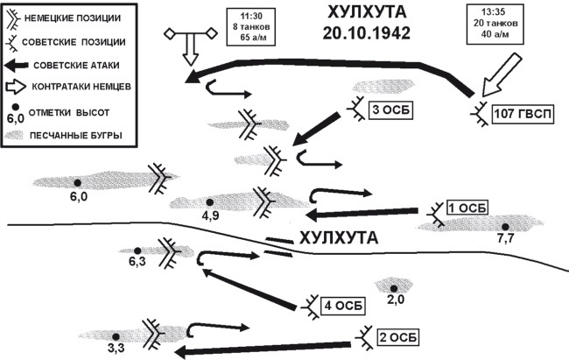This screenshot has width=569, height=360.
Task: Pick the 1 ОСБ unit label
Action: click(466, 208)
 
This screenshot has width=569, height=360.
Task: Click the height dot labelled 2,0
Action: click(394, 287)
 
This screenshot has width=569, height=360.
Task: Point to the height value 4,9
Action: click(210, 215)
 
